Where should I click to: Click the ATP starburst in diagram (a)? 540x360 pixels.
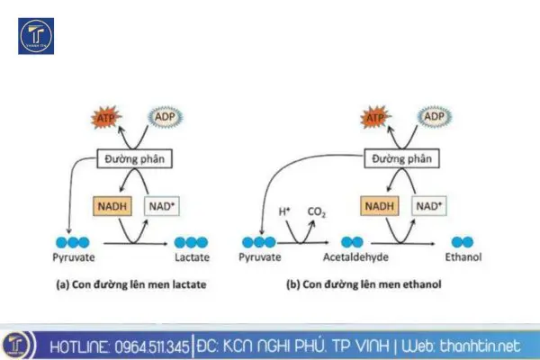pyautogui.click(x=105, y=118)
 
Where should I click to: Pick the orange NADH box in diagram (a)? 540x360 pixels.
pyautogui.click(x=113, y=207)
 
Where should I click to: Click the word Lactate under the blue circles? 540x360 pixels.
pyautogui.click(x=192, y=258)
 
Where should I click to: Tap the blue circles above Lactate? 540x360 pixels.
pyautogui.click(x=192, y=242)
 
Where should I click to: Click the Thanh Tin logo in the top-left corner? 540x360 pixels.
pyautogui.click(x=36, y=36)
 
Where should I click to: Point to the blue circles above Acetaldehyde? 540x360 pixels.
pyautogui.click(x=352, y=242)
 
